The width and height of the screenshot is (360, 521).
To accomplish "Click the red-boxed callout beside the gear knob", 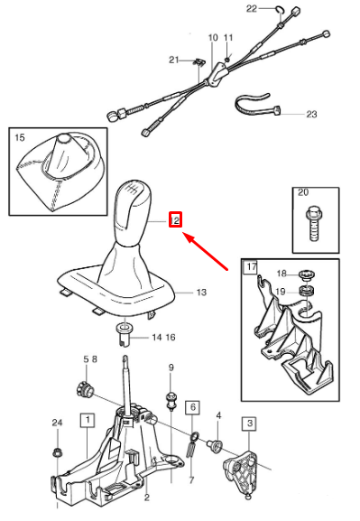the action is tap(175, 219).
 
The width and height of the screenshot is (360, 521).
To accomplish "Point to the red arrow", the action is tap(206, 251).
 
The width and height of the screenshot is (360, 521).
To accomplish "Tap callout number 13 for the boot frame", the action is tap(201, 293).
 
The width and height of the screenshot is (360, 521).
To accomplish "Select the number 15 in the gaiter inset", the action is tap(20, 137).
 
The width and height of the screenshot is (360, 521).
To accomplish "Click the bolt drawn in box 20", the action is tap(313, 224).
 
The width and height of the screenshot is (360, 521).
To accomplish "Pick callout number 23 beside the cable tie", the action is tap(311, 115).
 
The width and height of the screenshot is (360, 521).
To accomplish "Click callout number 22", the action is tap(252, 8).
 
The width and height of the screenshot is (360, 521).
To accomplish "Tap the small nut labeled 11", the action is tap(227, 60).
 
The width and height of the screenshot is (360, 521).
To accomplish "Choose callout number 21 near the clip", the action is tap(174, 60).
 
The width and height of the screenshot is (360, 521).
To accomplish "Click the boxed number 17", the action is tap(251, 267).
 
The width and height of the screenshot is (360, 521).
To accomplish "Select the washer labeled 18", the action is tap(307, 275).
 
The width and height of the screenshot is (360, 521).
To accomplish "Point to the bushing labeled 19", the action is tap(307, 292).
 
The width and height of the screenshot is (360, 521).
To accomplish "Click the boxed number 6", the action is tap(193, 406).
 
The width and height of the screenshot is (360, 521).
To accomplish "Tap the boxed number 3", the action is tap(249, 423).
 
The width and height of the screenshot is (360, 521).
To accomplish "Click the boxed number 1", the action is tap(88, 420).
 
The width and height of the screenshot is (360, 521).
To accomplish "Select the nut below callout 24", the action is tap(57, 452).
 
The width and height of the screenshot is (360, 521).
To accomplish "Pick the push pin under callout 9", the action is tap(171, 401).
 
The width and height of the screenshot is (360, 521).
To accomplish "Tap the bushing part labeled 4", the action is tap(214, 445).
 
